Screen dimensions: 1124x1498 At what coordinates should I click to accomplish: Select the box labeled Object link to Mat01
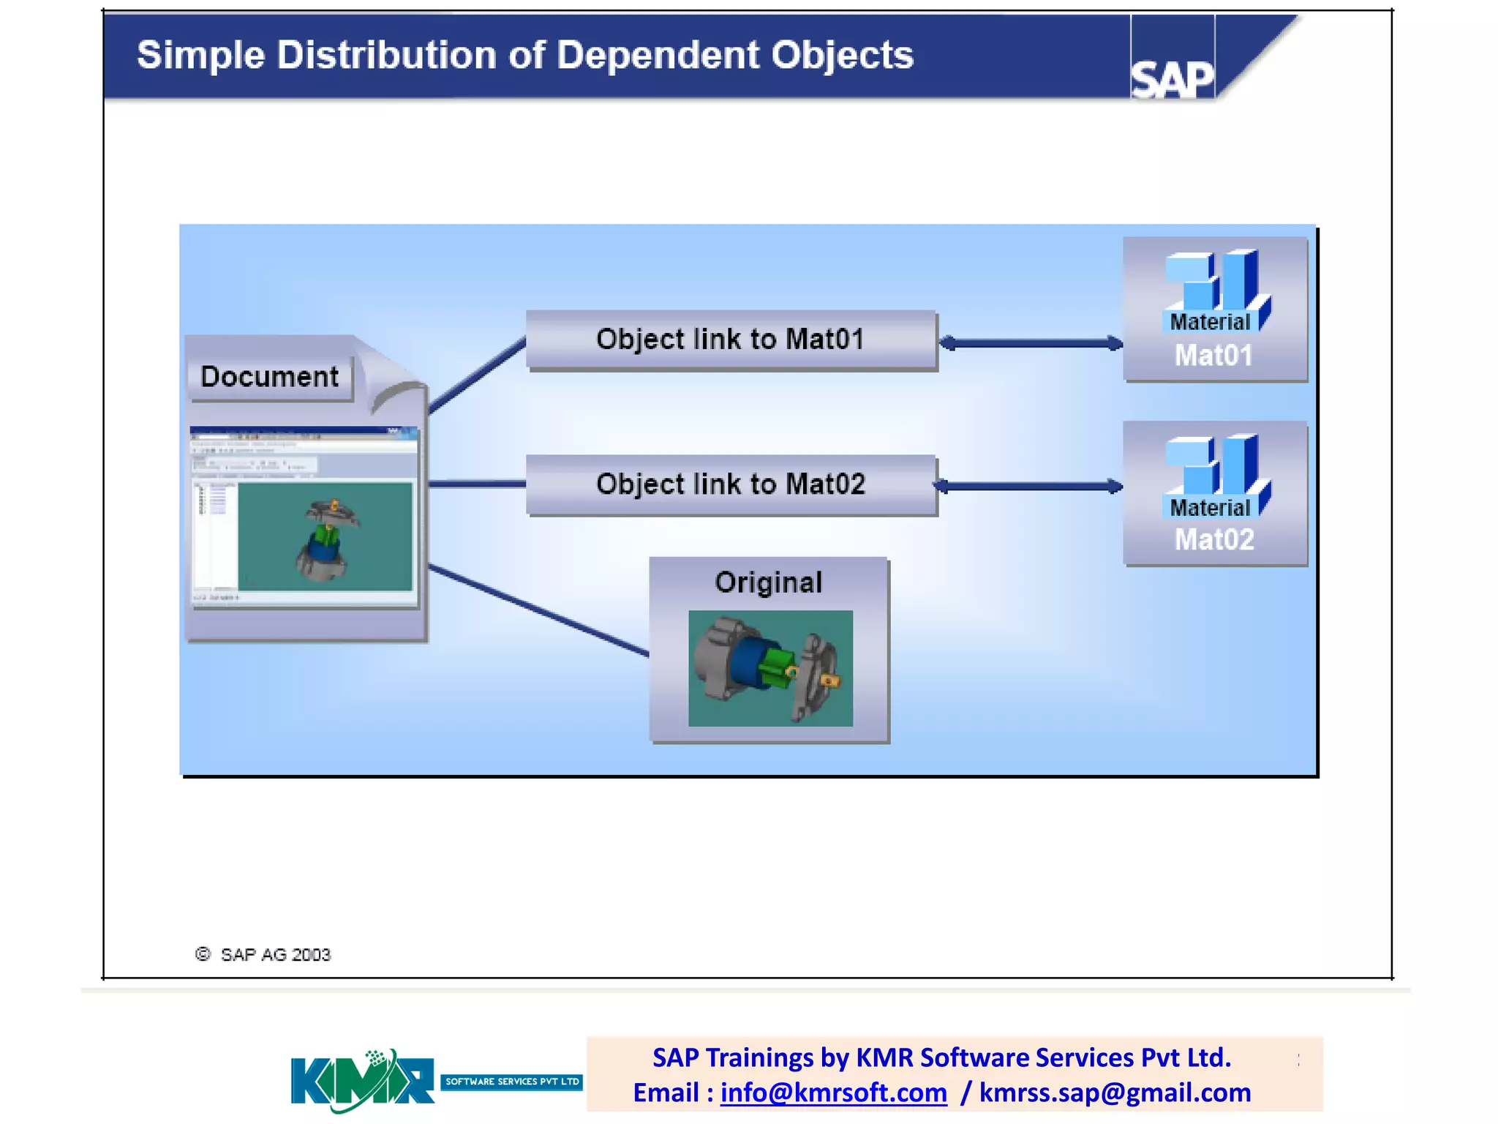731,340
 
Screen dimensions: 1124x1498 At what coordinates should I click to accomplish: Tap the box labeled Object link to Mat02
731,484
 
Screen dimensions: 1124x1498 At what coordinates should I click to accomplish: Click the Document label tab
269,377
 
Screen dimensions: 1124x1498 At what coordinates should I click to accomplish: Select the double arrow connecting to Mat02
1028,486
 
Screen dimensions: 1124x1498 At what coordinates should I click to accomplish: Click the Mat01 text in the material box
1213,356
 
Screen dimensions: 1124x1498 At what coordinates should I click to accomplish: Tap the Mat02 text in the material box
1213,540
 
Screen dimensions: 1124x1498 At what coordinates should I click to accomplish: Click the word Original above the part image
768,582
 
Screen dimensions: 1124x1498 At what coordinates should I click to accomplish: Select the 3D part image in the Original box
770,668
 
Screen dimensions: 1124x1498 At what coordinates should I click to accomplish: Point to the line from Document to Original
538,610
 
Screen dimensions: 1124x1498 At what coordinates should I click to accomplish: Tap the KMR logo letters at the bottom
361,1081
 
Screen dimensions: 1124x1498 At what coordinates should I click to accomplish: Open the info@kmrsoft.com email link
833,1093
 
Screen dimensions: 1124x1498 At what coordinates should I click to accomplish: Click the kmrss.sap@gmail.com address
1115,1093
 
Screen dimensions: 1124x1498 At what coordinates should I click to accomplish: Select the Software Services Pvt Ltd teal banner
511,1082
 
